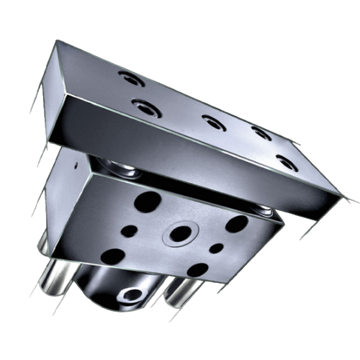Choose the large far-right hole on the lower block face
pos(235,224)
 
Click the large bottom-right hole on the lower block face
pos(197,271)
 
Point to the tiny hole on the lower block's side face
pos(75,164)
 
